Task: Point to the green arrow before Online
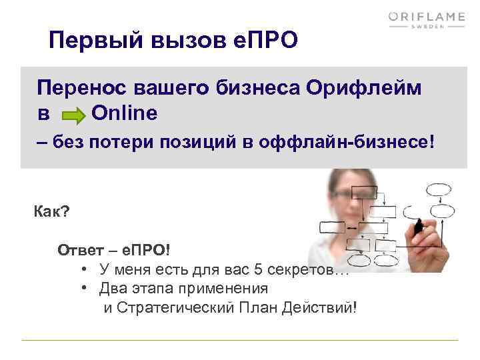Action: click(x=74, y=115)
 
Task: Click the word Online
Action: click(x=124, y=113)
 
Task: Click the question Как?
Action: click(x=51, y=213)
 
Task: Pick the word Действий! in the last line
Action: click(x=326, y=307)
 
